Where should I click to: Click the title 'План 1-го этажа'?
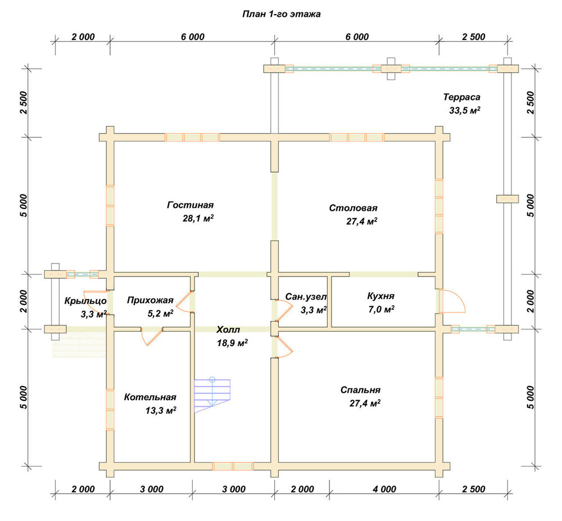(282, 14)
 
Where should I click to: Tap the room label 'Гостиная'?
(191, 205)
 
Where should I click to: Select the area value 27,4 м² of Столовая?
(361, 221)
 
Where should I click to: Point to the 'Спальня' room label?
(361, 390)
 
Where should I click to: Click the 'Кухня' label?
(380, 296)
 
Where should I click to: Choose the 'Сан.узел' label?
(306, 297)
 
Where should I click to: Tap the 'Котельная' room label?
(150, 397)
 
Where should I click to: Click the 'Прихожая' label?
(150, 300)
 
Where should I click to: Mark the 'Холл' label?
(228, 330)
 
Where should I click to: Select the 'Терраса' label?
(461, 97)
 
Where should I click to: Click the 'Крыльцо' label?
(85, 301)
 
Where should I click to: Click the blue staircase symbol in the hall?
(212, 395)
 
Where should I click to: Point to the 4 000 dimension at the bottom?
(384, 489)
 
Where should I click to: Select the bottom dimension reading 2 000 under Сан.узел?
(302, 489)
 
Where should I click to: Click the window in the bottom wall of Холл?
(233, 466)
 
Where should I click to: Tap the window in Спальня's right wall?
(439, 398)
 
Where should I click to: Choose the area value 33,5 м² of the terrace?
(465, 110)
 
